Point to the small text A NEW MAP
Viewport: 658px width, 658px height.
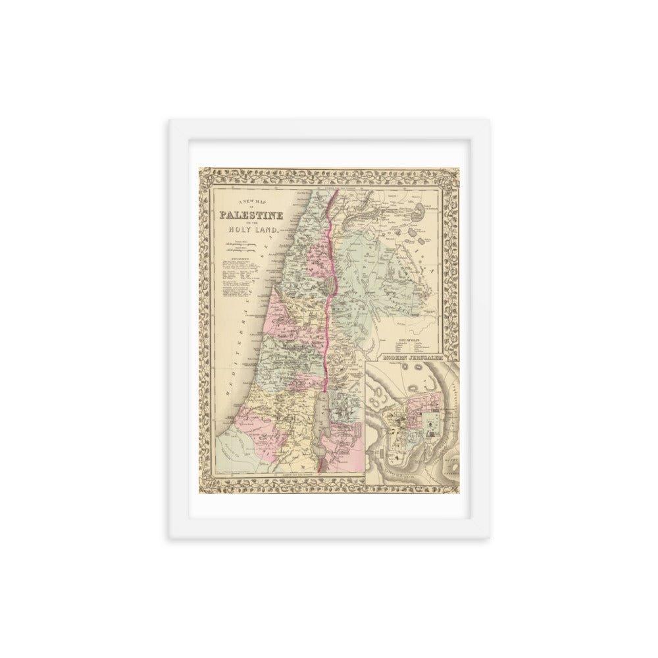coord(251,201)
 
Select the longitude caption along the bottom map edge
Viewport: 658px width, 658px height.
coord(290,474)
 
